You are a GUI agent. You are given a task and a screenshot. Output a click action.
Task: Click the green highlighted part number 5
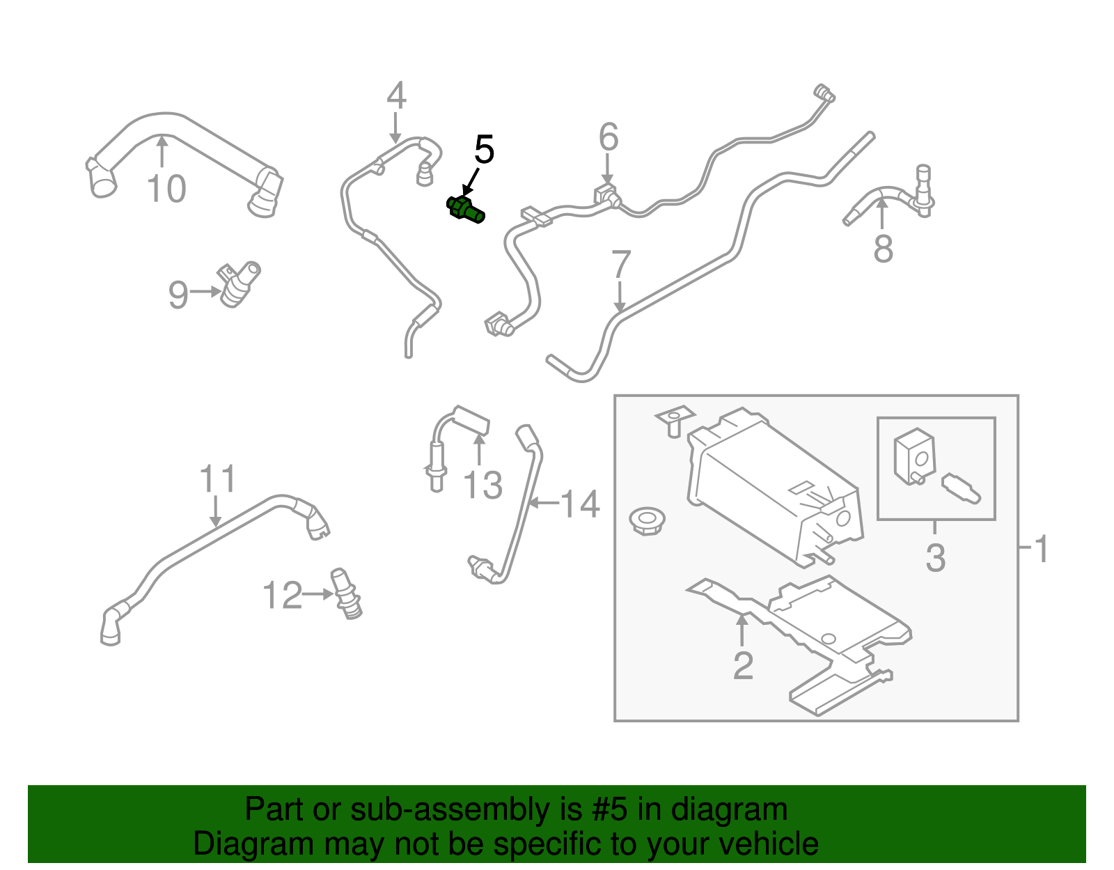pyautogui.click(x=465, y=210)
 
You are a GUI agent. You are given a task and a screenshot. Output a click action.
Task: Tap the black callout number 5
pyautogui.click(x=484, y=150)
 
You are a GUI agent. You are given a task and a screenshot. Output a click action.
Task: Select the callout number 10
pyautogui.click(x=166, y=189)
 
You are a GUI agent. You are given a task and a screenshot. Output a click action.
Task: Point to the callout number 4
pyautogui.click(x=396, y=96)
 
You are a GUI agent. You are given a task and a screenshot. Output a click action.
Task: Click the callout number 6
pyautogui.click(x=609, y=137)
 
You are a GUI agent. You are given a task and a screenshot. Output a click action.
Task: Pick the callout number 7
pyautogui.click(x=620, y=265)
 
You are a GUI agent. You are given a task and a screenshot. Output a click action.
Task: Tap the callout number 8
pyautogui.click(x=883, y=249)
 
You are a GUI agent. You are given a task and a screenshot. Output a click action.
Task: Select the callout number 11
pyautogui.click(x=218, y=480)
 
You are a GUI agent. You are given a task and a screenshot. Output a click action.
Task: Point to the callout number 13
pyautogui.click(x=483, y=486)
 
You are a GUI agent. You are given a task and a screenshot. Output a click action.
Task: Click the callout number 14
pyautogui.click(x=580, y=504)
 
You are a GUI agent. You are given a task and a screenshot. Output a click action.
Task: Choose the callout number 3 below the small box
pyautogui.click(x=935, y=558)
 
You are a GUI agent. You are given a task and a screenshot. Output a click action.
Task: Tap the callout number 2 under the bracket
pyautogui.click(x=743, y=666)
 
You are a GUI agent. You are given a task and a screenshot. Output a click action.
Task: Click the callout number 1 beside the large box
pyautogui.click(x=1042, y=550)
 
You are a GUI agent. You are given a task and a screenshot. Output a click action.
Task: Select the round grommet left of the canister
pyautogui.click(x=646, y=520)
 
